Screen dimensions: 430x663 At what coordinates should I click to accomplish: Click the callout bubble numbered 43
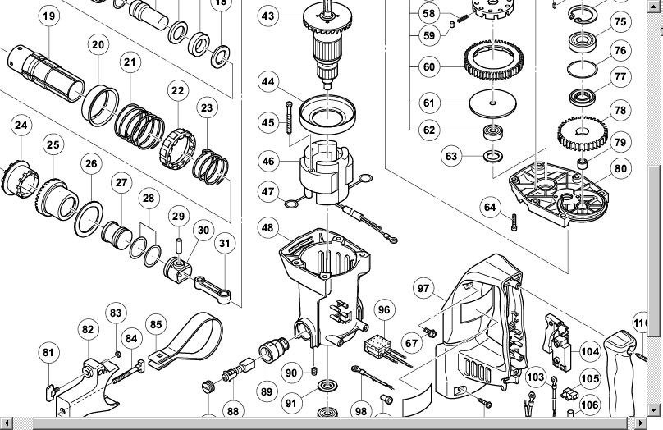coord(267,16)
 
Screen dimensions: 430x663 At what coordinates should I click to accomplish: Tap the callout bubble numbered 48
coord(267,226)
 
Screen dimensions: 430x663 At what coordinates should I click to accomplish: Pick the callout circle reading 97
coord(423,288)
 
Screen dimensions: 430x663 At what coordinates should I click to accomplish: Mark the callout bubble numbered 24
coord(21,126)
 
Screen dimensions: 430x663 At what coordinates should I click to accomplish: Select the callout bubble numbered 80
coord(620,170)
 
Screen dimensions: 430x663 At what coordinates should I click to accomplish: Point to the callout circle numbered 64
coord(490,207)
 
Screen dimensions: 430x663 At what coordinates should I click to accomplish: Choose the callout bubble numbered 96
coord(384,309)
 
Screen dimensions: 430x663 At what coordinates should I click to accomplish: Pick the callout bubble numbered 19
coord(48,16)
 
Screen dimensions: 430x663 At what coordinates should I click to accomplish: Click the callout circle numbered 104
coord(590,351)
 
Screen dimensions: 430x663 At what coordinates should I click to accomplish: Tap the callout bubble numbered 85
coord(156,325)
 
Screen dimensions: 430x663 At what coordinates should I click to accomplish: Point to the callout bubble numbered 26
coord(91,163)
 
